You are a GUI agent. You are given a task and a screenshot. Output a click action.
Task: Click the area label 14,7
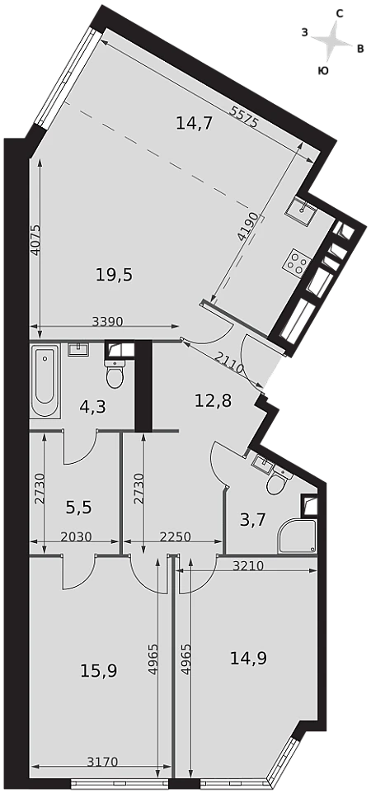pyautogui.click(x=194, y=123)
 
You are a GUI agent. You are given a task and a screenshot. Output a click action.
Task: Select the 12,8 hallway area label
pyautogui.click(x=213, y=402)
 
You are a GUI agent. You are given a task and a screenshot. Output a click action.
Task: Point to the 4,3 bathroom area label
pyautogui.click(x=92, y=407)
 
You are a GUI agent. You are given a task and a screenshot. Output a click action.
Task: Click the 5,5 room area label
pyautogui.click(x=79, y=506)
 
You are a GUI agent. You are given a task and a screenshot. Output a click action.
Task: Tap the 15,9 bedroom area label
pyautogui.click(x=99, y=671)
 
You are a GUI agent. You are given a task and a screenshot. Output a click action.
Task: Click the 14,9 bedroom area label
pyautogui.click(x=248, y=658)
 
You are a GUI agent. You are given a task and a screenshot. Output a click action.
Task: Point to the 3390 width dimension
pyautogui.click(x=109, y=320)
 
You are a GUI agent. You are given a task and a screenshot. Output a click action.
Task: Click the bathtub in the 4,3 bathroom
pyautogui.click(x=45, y=380)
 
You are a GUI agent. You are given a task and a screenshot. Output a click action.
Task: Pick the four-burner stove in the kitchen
pyautogui.click(x=297, y=262)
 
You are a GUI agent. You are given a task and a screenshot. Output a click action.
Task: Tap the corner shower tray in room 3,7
pyautogui.click(x=297, y=536)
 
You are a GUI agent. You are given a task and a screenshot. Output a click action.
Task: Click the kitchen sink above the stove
pyautogui.click(x=301, y=209)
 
